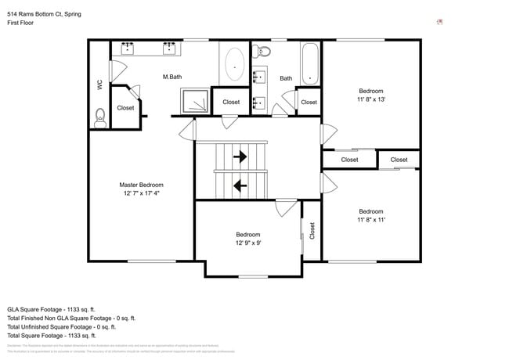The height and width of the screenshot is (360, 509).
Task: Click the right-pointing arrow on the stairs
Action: coord(240,157)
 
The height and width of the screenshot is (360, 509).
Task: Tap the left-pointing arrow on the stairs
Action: coord(240,185)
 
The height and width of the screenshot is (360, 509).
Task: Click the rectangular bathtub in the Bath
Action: coord(310,63)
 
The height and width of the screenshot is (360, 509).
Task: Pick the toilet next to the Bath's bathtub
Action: coord(263,52)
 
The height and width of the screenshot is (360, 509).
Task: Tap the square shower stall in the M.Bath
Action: coord(196,101)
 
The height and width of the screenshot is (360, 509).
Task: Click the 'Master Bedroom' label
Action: coord(141,185)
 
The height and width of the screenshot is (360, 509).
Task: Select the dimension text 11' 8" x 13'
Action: coord(371,99)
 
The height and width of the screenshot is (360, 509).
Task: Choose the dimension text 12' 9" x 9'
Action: coord(248,243)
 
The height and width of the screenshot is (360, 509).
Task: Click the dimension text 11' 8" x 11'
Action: coord(371,220)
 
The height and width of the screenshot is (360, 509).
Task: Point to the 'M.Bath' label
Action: coord(173,77)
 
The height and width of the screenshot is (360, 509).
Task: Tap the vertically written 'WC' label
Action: coord(99,84)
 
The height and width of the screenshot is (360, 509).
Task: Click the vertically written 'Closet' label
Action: coord(312,230)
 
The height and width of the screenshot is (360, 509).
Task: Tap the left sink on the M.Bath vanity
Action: coord(127,49)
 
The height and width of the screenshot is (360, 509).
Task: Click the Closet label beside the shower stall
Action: coord(231,102)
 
